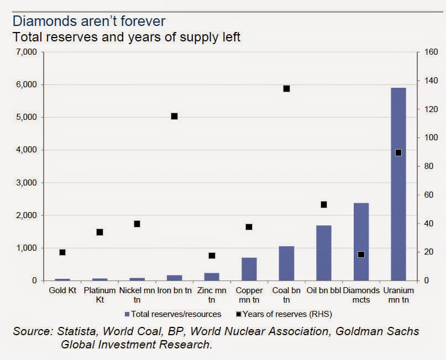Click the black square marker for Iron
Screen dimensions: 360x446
[174, 116]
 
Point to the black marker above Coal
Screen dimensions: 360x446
[286, 88]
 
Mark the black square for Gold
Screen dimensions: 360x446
[62, 252]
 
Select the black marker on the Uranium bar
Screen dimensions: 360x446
[398, 152]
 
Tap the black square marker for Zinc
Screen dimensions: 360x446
[212, 256]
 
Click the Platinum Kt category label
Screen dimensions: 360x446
[99, 294]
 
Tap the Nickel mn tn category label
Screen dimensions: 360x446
[137, 294]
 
